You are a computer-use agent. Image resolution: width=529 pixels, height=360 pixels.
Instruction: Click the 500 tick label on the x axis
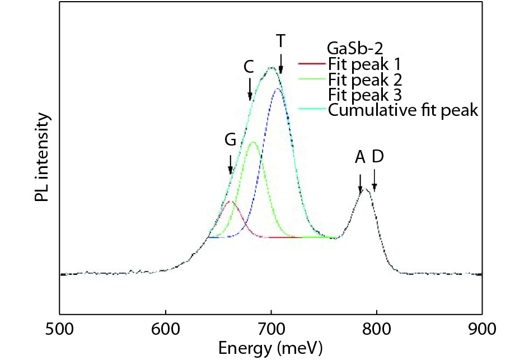point(59,326)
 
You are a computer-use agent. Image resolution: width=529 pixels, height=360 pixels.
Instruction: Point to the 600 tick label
point(165,326)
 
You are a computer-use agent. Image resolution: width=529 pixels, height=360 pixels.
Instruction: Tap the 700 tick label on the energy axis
point(271,326)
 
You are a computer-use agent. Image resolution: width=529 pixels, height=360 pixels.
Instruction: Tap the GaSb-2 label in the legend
point(352,46)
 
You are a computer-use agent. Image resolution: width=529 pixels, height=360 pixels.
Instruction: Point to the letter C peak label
point(249,67)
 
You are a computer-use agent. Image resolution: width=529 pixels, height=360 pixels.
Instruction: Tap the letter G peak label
point(230,141)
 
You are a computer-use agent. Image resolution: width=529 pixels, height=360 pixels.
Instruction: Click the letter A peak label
point(360,158)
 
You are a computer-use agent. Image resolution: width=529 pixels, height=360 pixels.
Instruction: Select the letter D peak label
point(377,158)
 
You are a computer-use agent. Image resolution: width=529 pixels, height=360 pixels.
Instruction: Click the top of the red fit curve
point(230,202)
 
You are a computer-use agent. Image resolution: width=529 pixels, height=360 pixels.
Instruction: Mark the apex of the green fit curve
point(253,142)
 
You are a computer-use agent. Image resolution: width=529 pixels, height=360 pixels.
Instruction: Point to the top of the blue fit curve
point(278,88)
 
